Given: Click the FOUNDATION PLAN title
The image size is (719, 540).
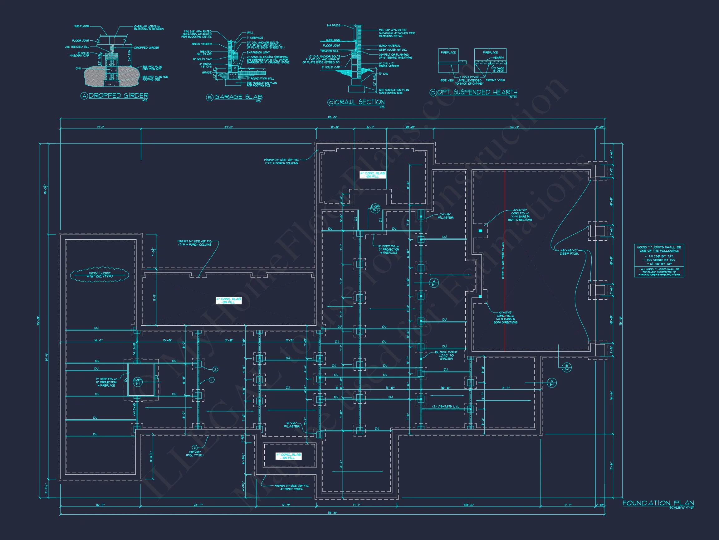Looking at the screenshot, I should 658,503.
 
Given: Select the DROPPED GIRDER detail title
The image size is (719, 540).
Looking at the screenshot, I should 118,95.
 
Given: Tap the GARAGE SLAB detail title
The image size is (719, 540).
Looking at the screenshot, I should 238,97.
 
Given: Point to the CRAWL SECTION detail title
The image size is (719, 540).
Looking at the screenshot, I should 359,102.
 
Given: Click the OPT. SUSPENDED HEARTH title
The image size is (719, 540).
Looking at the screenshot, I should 477,92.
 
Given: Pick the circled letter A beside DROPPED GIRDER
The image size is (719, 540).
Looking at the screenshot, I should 84,96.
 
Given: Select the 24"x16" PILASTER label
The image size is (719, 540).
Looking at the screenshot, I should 446,216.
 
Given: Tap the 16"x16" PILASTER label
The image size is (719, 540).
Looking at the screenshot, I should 291,425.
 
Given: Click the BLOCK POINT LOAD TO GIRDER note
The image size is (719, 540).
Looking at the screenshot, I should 446,355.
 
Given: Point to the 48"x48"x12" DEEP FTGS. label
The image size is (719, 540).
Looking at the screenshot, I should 569,252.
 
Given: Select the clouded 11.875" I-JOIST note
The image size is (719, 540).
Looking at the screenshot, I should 100,275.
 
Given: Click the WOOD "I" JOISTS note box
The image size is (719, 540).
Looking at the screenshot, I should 659,260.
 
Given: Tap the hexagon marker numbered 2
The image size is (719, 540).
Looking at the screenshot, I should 215,369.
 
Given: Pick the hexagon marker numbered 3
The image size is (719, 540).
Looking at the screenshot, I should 195,448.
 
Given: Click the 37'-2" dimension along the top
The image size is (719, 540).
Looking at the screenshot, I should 228,127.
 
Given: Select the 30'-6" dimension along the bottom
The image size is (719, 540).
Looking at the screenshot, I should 468,505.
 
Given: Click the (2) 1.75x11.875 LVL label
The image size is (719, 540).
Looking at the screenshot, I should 446,407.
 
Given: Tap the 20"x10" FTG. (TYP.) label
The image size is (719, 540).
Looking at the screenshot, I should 195,454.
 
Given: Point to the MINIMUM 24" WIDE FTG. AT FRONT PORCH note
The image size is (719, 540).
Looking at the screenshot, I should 291,487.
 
